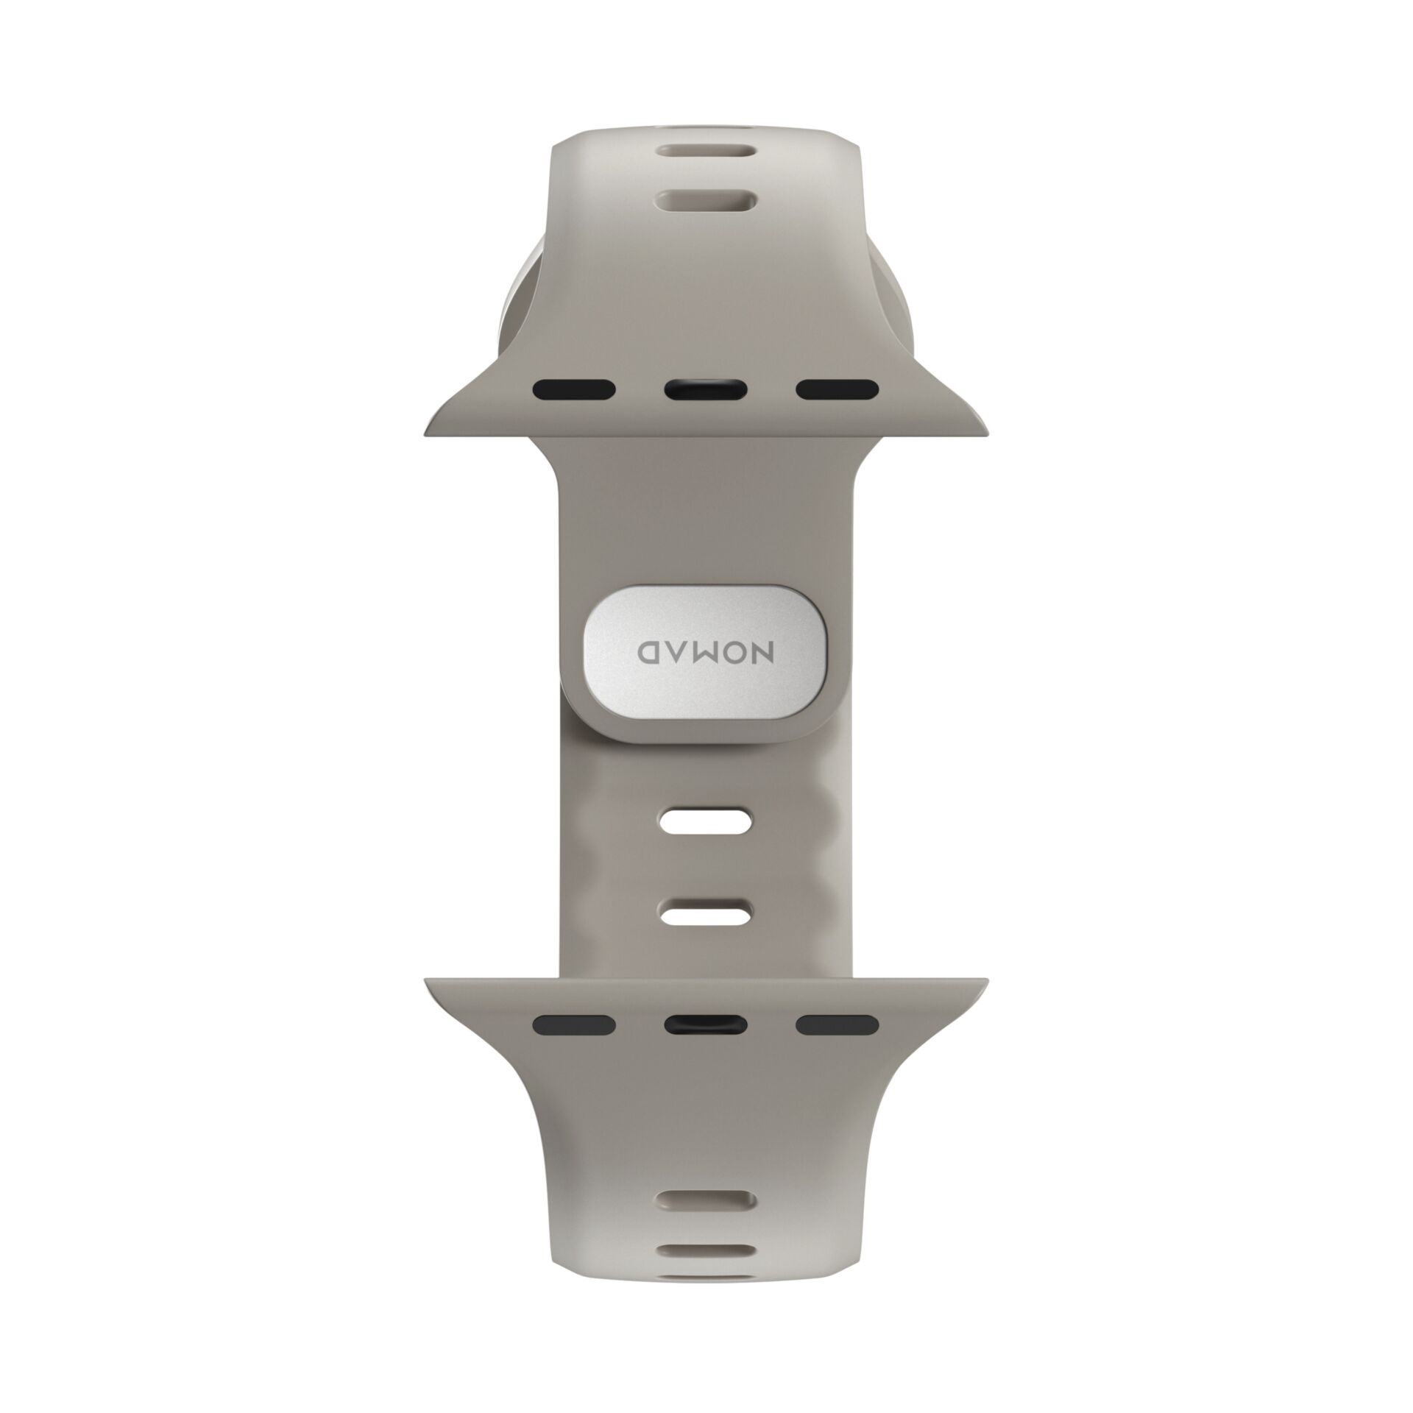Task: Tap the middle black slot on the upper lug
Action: (706, 389)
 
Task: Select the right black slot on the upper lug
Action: (837, 389)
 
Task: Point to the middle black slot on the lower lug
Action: (706, 1024)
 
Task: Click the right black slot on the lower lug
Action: (837, 1024)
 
